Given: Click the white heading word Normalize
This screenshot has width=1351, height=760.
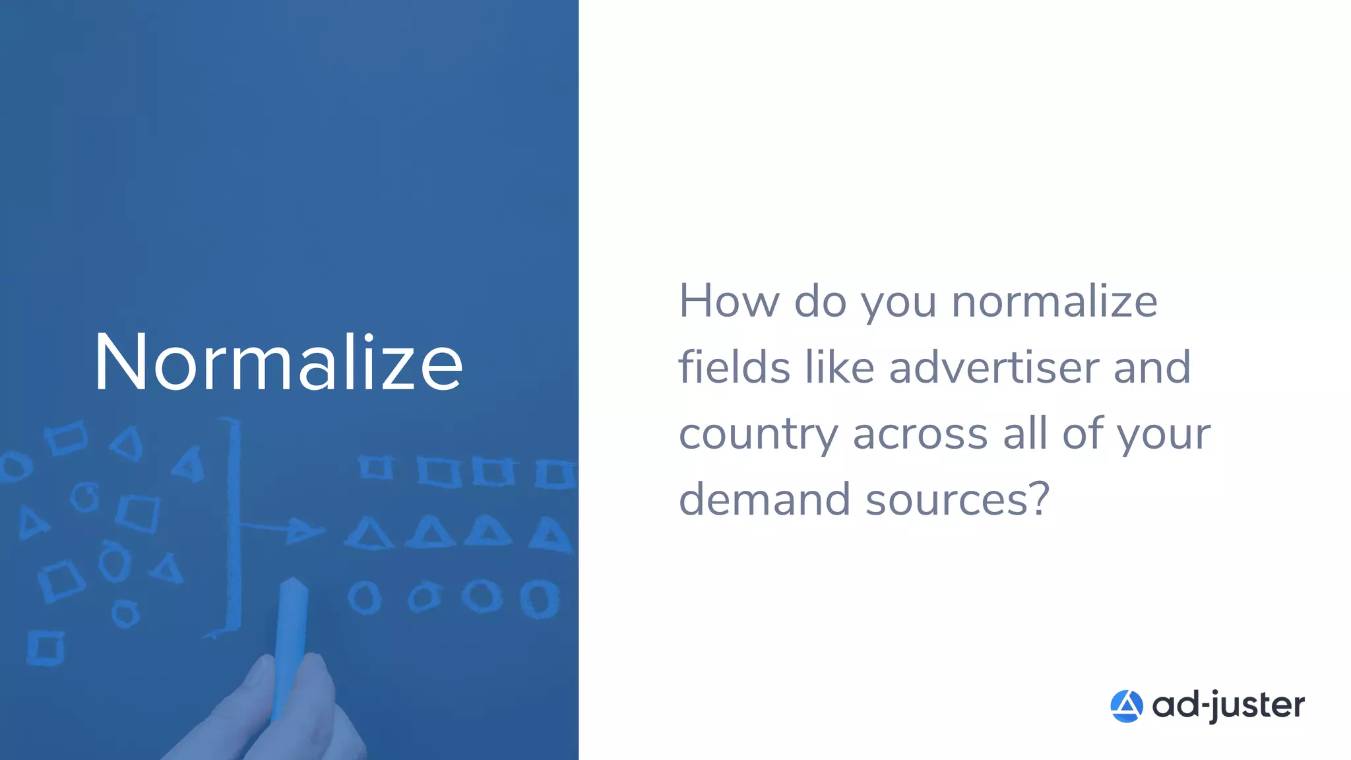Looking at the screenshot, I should click(278, 363).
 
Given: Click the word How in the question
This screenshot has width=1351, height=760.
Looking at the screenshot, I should click(728, 301).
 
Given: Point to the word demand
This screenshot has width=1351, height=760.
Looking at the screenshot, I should click(765, 499).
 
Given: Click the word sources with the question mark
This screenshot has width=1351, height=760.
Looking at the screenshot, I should click(957, 499).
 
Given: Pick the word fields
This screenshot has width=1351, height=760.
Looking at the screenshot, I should click(734, 367).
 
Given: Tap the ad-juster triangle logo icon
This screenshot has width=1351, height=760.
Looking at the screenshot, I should click(1126, 706).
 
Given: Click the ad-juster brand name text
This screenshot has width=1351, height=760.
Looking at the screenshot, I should click(1228, 706).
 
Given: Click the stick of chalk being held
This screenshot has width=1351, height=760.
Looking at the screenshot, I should click(290, 633).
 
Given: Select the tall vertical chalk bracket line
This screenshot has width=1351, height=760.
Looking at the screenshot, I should click(232, 528).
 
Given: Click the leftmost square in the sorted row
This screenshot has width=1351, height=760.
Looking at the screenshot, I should click(376, 467).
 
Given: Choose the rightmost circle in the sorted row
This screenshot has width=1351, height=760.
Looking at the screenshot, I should click(540, 598).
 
